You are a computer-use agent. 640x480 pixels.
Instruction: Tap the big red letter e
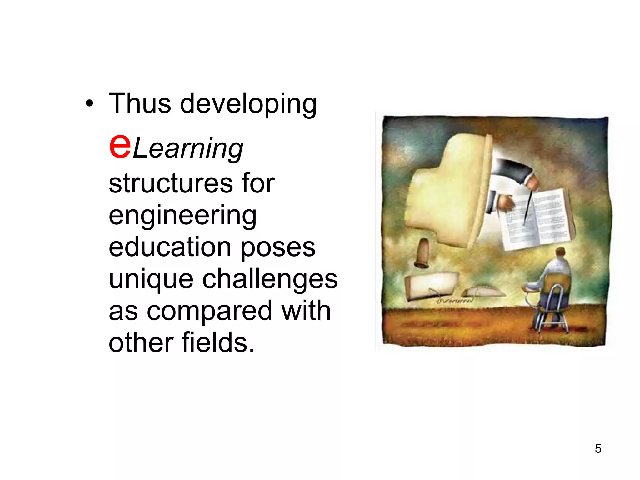pos(120,145)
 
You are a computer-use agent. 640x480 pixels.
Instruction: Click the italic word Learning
pos(188,149)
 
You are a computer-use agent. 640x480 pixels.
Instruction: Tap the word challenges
pos(270,279)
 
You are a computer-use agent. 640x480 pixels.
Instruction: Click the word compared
pos(210,311)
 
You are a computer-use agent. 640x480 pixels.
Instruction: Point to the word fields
pos(218,342)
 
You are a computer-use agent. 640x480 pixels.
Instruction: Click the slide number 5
pos(598,448)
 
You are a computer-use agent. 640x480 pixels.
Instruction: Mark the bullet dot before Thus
pos(89,104)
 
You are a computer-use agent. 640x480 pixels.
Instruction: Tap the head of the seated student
pos(560,252)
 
